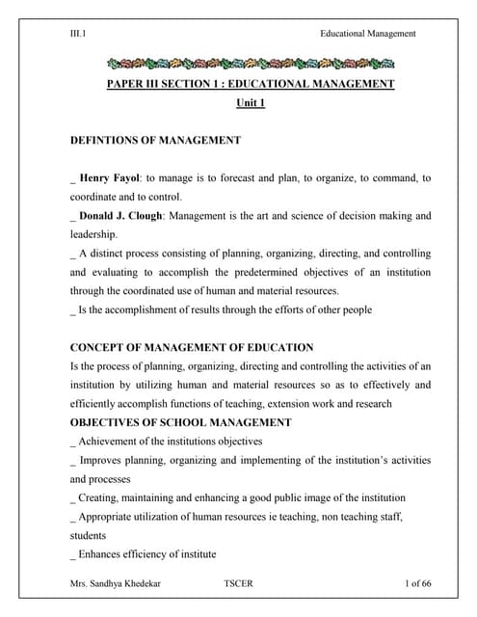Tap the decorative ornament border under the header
click(x=251, y=65)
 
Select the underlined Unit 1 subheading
click(x=250, y=103)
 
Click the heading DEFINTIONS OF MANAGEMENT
click(x=155, y=141)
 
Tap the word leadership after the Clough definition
click(x=93, y=234)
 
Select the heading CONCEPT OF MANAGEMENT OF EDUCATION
click(x=192, y=347)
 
